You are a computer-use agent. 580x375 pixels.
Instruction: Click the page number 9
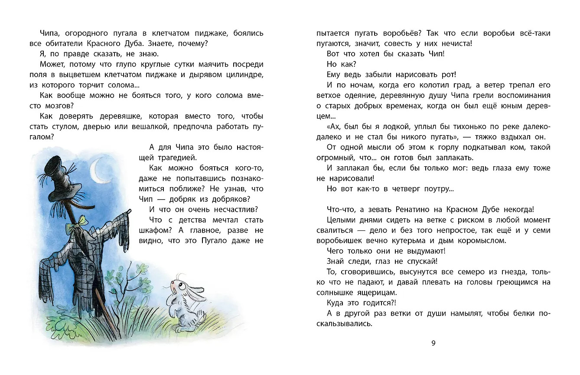tap(433, 343)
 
